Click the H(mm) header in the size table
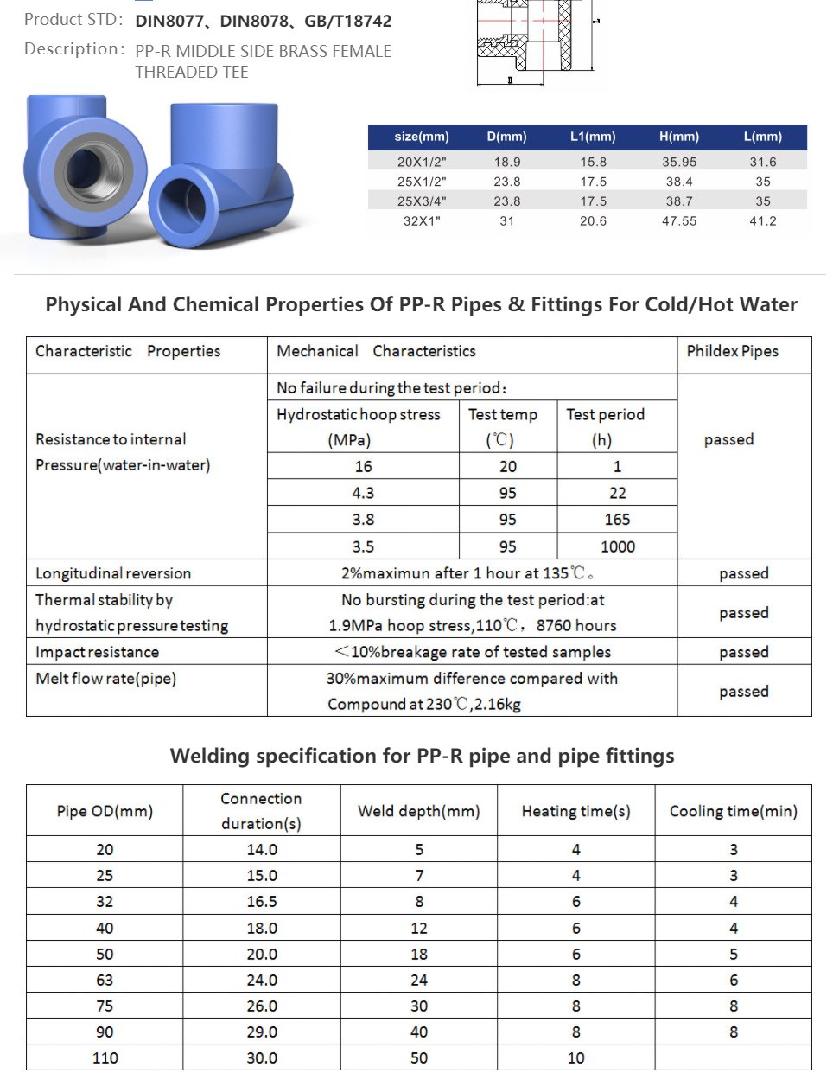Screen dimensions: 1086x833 [x=678, y=137]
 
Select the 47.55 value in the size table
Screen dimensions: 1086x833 [x=679, y=221]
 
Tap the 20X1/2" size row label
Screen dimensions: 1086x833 [x=422, y=162]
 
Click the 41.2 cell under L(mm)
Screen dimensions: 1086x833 [x=762, y=221]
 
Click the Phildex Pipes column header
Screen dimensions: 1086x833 [x=732, y=351]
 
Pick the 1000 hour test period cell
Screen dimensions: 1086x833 [x=617, y=546]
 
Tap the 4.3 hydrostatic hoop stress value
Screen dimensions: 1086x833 [x=363, y=493]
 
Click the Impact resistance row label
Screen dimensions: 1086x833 [x=97, y=652]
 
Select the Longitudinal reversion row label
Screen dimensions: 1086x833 [x=113, y=573]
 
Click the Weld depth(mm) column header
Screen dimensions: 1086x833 [x=419, y=811]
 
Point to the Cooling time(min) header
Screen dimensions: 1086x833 [x=733, y=811]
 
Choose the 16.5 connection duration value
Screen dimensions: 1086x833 [x=262, y=902]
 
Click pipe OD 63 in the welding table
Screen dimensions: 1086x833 [x=105, y=980]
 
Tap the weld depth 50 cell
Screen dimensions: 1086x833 [x=419, y=1057]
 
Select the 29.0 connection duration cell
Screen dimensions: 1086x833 [x=262, y=1032]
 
